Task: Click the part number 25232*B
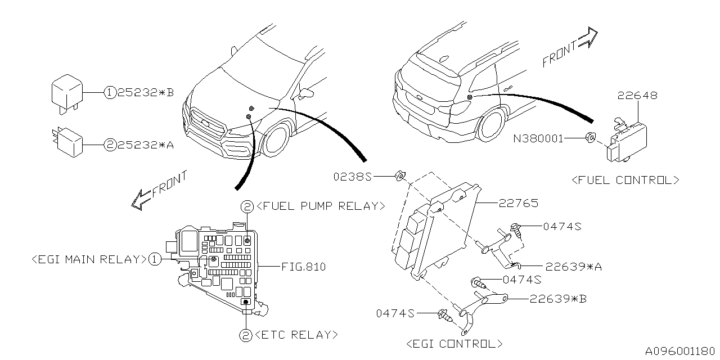point(146,93)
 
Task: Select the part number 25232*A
point(146,145)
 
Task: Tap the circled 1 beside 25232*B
point(109,93)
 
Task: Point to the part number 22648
point(637,96)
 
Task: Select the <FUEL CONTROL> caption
point(625,181)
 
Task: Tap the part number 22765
point(518,203)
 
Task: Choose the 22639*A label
point(573,267)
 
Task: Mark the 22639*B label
point(557,299)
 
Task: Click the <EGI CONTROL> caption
point(454,344)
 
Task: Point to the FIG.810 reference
point(303,267)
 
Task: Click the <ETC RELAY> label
point(296,335)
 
